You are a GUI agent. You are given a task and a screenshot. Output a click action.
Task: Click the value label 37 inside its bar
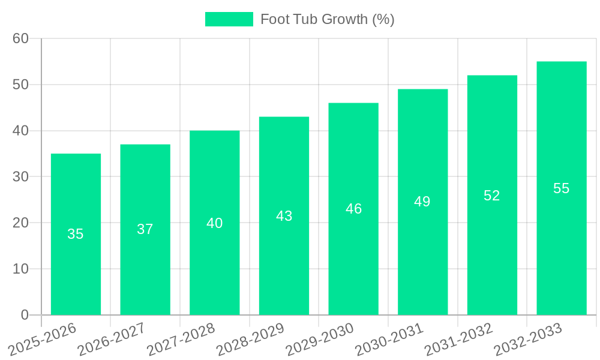(x=145, y=229)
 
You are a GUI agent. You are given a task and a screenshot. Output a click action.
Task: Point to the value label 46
(x=353, y=209)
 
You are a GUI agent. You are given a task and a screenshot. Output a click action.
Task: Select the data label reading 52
(x=492, y=196)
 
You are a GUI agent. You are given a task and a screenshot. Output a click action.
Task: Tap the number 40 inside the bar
(x=215, y=223)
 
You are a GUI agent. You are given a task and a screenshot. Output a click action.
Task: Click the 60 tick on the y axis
(x=20, y=38)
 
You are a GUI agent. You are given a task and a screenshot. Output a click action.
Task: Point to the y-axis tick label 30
(x=20, y=177)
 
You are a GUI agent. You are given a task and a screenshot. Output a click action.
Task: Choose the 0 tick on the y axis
(x=25, y=315)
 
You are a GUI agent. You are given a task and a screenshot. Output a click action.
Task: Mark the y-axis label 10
(x=20, y=269)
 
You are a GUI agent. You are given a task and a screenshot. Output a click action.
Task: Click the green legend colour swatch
(x=229, y=19)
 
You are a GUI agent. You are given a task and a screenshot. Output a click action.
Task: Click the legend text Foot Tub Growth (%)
(x=327, y=19)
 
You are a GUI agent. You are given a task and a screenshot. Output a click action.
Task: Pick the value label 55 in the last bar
(x=561, y=188)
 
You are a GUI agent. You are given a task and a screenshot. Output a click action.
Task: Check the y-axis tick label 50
(x=20, y=85)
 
